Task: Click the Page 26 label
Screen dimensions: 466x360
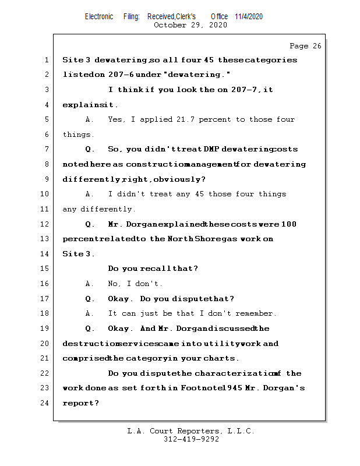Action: [x=305, y=46]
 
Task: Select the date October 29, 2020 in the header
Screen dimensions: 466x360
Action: [x=190, y=25]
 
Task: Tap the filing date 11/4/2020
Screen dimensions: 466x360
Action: [x=249, y=16]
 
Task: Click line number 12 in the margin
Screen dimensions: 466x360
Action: [x=46, y=224]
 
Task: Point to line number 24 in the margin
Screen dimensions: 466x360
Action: [x=46, y=403]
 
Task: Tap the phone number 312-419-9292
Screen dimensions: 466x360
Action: [x=191, y=440]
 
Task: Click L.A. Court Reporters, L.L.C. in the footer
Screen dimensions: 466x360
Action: [x=190, y=432]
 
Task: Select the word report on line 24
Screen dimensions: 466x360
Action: [x=79, y=403]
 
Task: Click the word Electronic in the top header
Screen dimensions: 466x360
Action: [x=99, y=16]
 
